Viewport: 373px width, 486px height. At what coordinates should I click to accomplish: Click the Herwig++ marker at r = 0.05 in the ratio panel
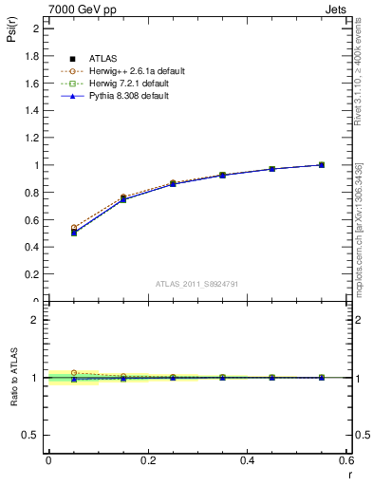[73, 373]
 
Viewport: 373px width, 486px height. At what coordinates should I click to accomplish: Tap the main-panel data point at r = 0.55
[322, 165]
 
